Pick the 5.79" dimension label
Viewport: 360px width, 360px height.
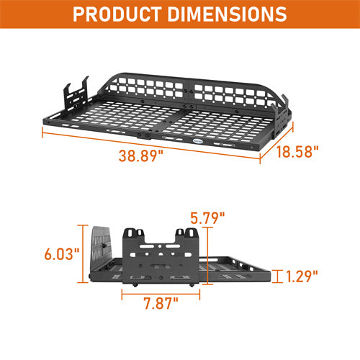click(x=209, y=216)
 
